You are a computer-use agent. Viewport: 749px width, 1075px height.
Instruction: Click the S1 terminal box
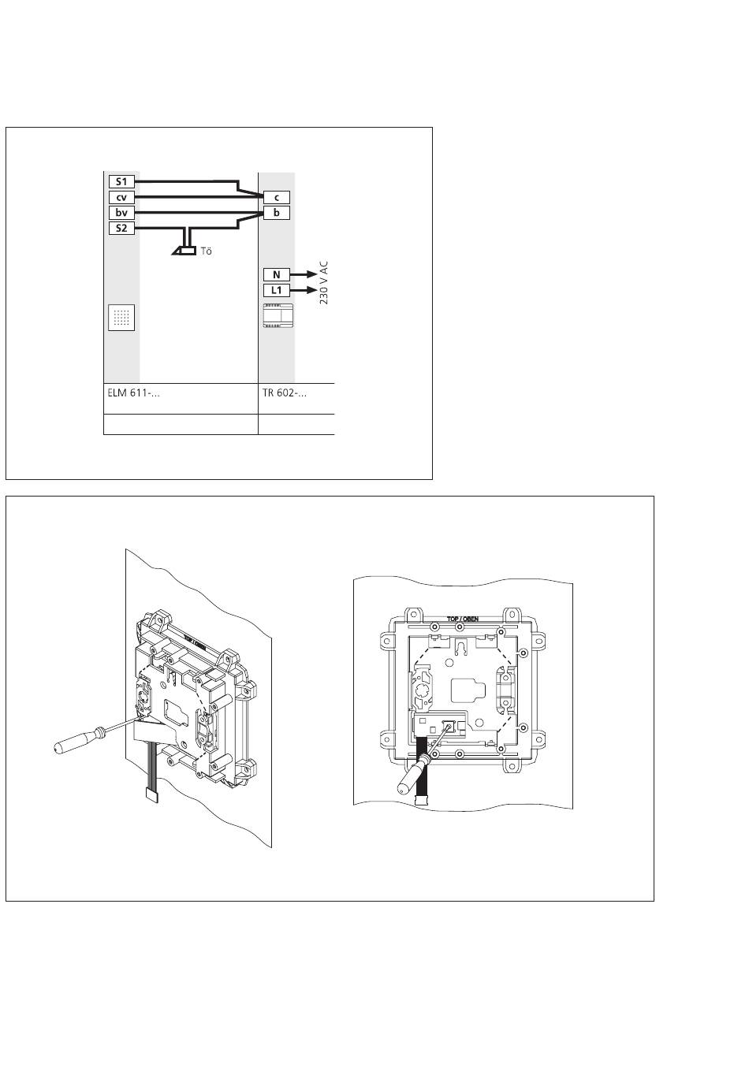[121, 182]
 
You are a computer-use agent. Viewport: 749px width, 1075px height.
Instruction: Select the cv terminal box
[121, 198]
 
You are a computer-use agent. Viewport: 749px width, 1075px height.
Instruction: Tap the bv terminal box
[121, 213]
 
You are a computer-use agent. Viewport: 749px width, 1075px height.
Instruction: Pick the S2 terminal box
[121, 229]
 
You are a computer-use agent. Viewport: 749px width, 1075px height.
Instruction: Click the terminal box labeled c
[277, 198]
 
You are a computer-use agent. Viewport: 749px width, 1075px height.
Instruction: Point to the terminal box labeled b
[277, 213]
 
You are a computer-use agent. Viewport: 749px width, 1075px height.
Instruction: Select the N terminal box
[277, 275]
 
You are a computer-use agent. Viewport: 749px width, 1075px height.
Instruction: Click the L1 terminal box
[277, 291]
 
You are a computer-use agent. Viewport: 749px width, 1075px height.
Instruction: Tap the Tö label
[207, 252]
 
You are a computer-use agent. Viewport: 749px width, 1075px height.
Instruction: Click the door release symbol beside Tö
[186, 251]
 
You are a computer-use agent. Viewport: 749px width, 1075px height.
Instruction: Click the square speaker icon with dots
[121, 318]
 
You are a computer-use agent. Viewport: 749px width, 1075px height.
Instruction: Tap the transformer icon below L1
[278, 315]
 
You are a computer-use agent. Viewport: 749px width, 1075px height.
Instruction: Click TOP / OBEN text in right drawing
[463, 619]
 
